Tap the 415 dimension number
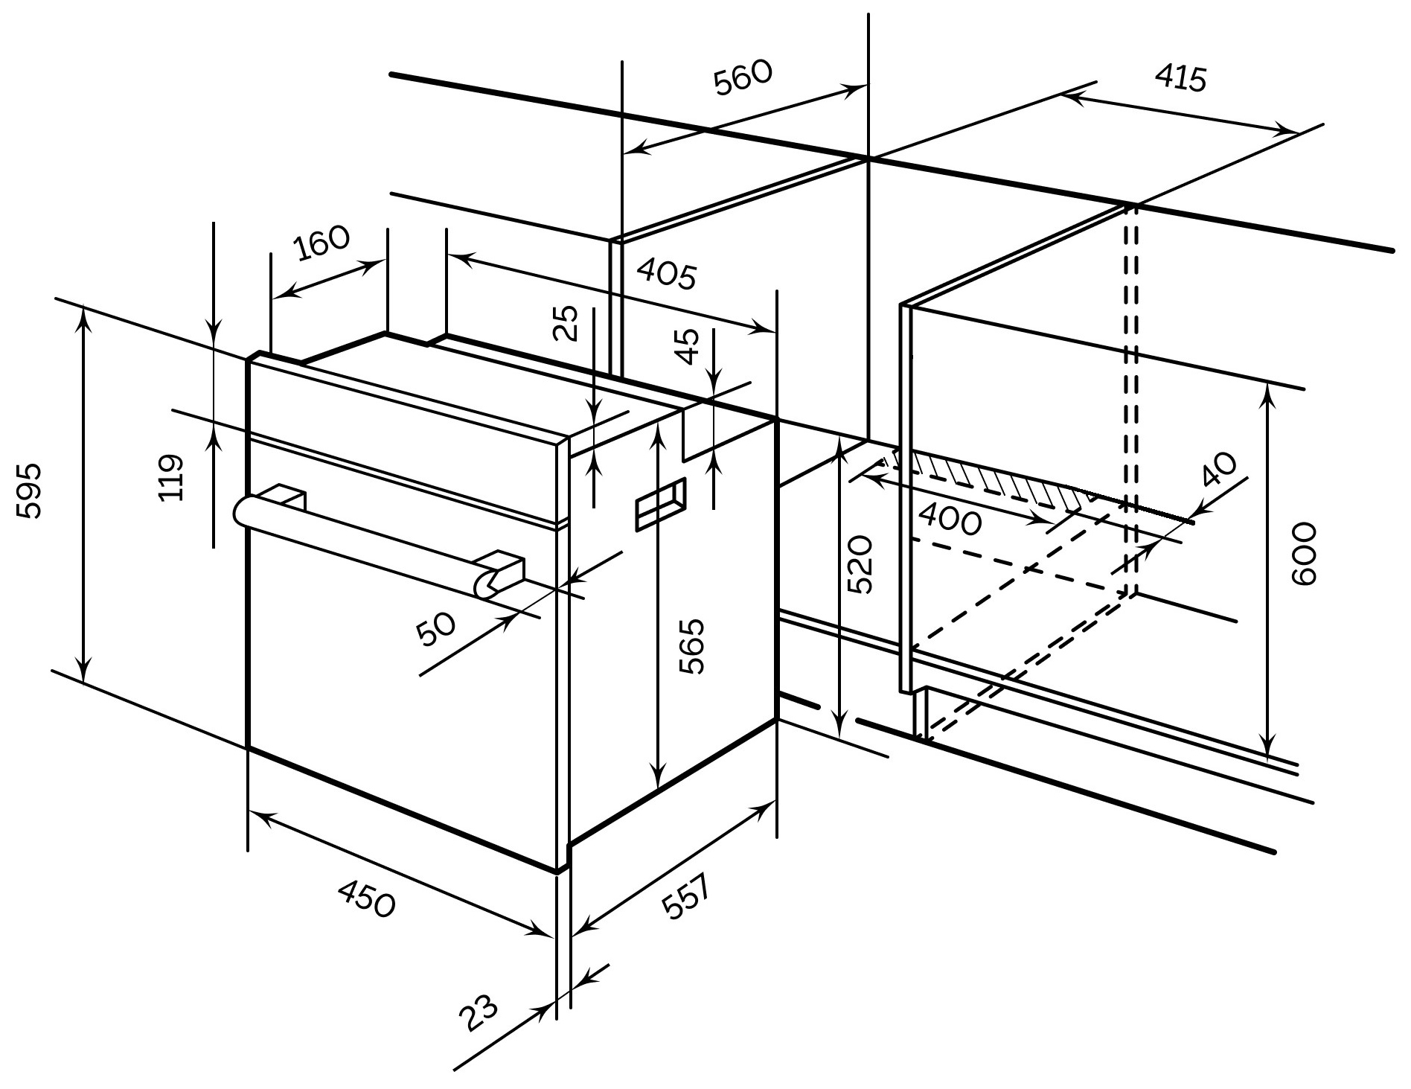(x=1180, y=78)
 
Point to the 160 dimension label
(x=321, y=243)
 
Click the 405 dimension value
(x=666, y=275)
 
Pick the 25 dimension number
(x=569, y=323)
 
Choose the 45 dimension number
(x=690, y=346)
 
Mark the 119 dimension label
(x=171, y=478)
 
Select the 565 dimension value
(x=693, y=646)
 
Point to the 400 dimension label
(x=950, y=519)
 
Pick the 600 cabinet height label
(x=1304, y=554)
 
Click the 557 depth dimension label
(x=686, y=898)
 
